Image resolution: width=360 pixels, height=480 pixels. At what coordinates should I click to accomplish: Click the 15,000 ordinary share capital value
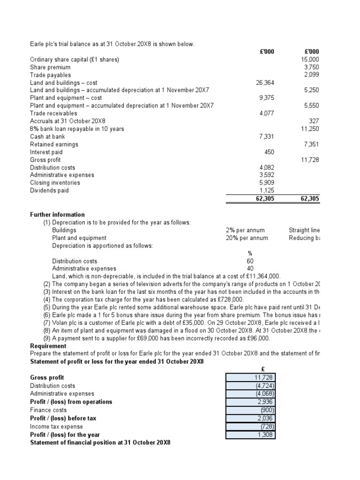[x=310, y=60]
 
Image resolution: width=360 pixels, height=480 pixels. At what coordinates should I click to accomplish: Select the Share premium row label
[x=50, y=67]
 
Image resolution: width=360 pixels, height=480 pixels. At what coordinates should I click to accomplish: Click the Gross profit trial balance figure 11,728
[x=310, y=160]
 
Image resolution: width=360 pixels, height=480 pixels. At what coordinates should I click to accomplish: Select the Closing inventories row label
[x=55, y=183]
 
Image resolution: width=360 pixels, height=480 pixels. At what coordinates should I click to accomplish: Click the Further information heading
[x=57, y=214]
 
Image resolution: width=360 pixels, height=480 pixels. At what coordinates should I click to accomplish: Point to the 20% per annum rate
[x=247, y=238]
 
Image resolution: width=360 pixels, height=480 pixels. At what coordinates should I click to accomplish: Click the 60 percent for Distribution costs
[x=250, y=261]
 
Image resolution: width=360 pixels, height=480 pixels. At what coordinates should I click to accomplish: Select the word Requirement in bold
[x=48, y=346]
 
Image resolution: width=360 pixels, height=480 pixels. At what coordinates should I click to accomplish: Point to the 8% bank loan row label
[x=77, y=128]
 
